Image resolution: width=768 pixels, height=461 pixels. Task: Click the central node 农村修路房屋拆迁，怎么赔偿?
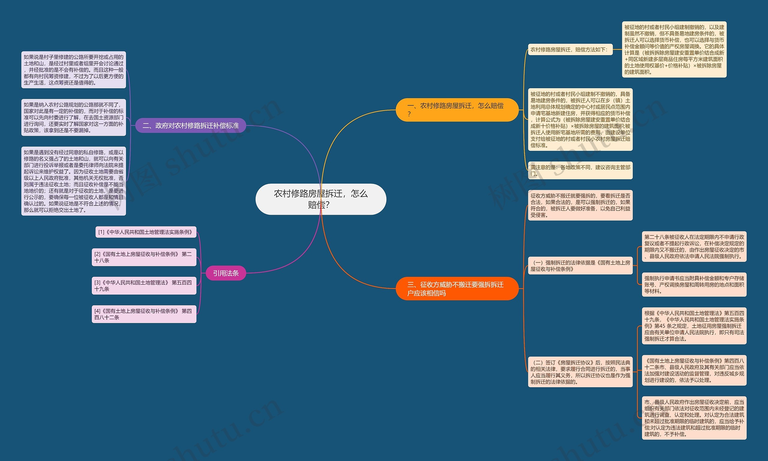point(321,199)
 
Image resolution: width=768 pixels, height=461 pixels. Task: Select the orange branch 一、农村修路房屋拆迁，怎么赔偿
point(457,110)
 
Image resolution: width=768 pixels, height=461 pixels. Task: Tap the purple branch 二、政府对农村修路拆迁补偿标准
point(191,125)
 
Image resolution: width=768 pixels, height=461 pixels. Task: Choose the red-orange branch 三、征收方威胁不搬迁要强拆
point(457,289)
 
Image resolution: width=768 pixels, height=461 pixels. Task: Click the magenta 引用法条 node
point(226,273)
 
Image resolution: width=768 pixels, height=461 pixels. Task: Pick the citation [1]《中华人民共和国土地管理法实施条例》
point(145,232)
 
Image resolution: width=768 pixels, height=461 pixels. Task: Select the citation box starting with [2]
point(144,257)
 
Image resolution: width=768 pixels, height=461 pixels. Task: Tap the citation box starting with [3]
point(144,286)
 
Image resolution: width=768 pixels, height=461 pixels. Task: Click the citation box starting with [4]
point(144,314)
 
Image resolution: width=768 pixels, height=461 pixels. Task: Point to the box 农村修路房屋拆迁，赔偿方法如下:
point(570,50)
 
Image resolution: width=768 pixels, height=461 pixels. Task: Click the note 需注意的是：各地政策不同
point(580,170)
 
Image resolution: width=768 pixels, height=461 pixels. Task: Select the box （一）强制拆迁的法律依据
point(580,266)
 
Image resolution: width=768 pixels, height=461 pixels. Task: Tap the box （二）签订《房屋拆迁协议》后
point(580,372)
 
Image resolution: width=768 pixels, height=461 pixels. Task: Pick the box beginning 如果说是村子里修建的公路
point(73,70)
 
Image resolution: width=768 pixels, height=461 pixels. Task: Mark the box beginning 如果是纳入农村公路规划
point(73,118)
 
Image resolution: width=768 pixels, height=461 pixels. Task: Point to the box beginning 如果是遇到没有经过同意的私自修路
point(73,181)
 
